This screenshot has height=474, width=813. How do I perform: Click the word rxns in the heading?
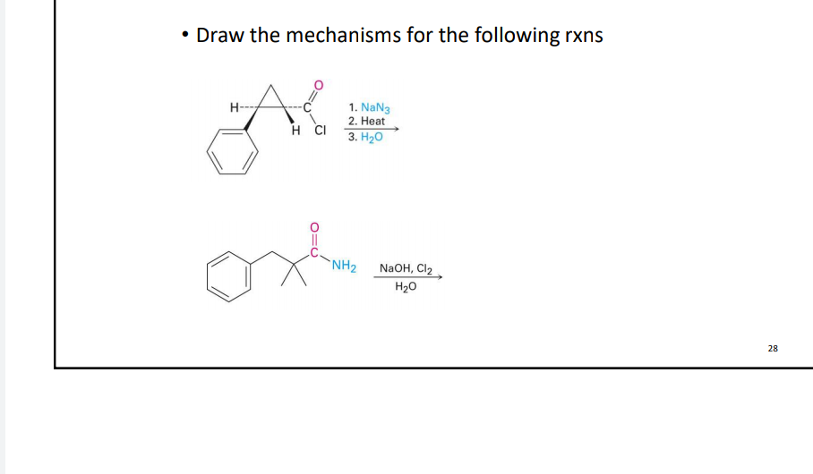[x=582, y=36]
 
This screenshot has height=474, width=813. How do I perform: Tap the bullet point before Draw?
[x=184, y=36]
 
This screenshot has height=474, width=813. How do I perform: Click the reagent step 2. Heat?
[x=367, y=121]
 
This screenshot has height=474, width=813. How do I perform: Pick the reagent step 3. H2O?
[x=365, y=136]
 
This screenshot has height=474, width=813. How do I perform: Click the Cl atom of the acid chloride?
[x=320, y=130]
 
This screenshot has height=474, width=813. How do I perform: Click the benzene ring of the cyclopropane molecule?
[x=235, y=152]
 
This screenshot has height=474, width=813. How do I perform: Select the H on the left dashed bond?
[x=235, y=109]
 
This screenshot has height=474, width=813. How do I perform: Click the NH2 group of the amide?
[x=344, y=266]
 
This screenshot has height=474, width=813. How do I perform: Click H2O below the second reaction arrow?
[x=406, y=286]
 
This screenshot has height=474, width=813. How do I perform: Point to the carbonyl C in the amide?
[x=313, y=252]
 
